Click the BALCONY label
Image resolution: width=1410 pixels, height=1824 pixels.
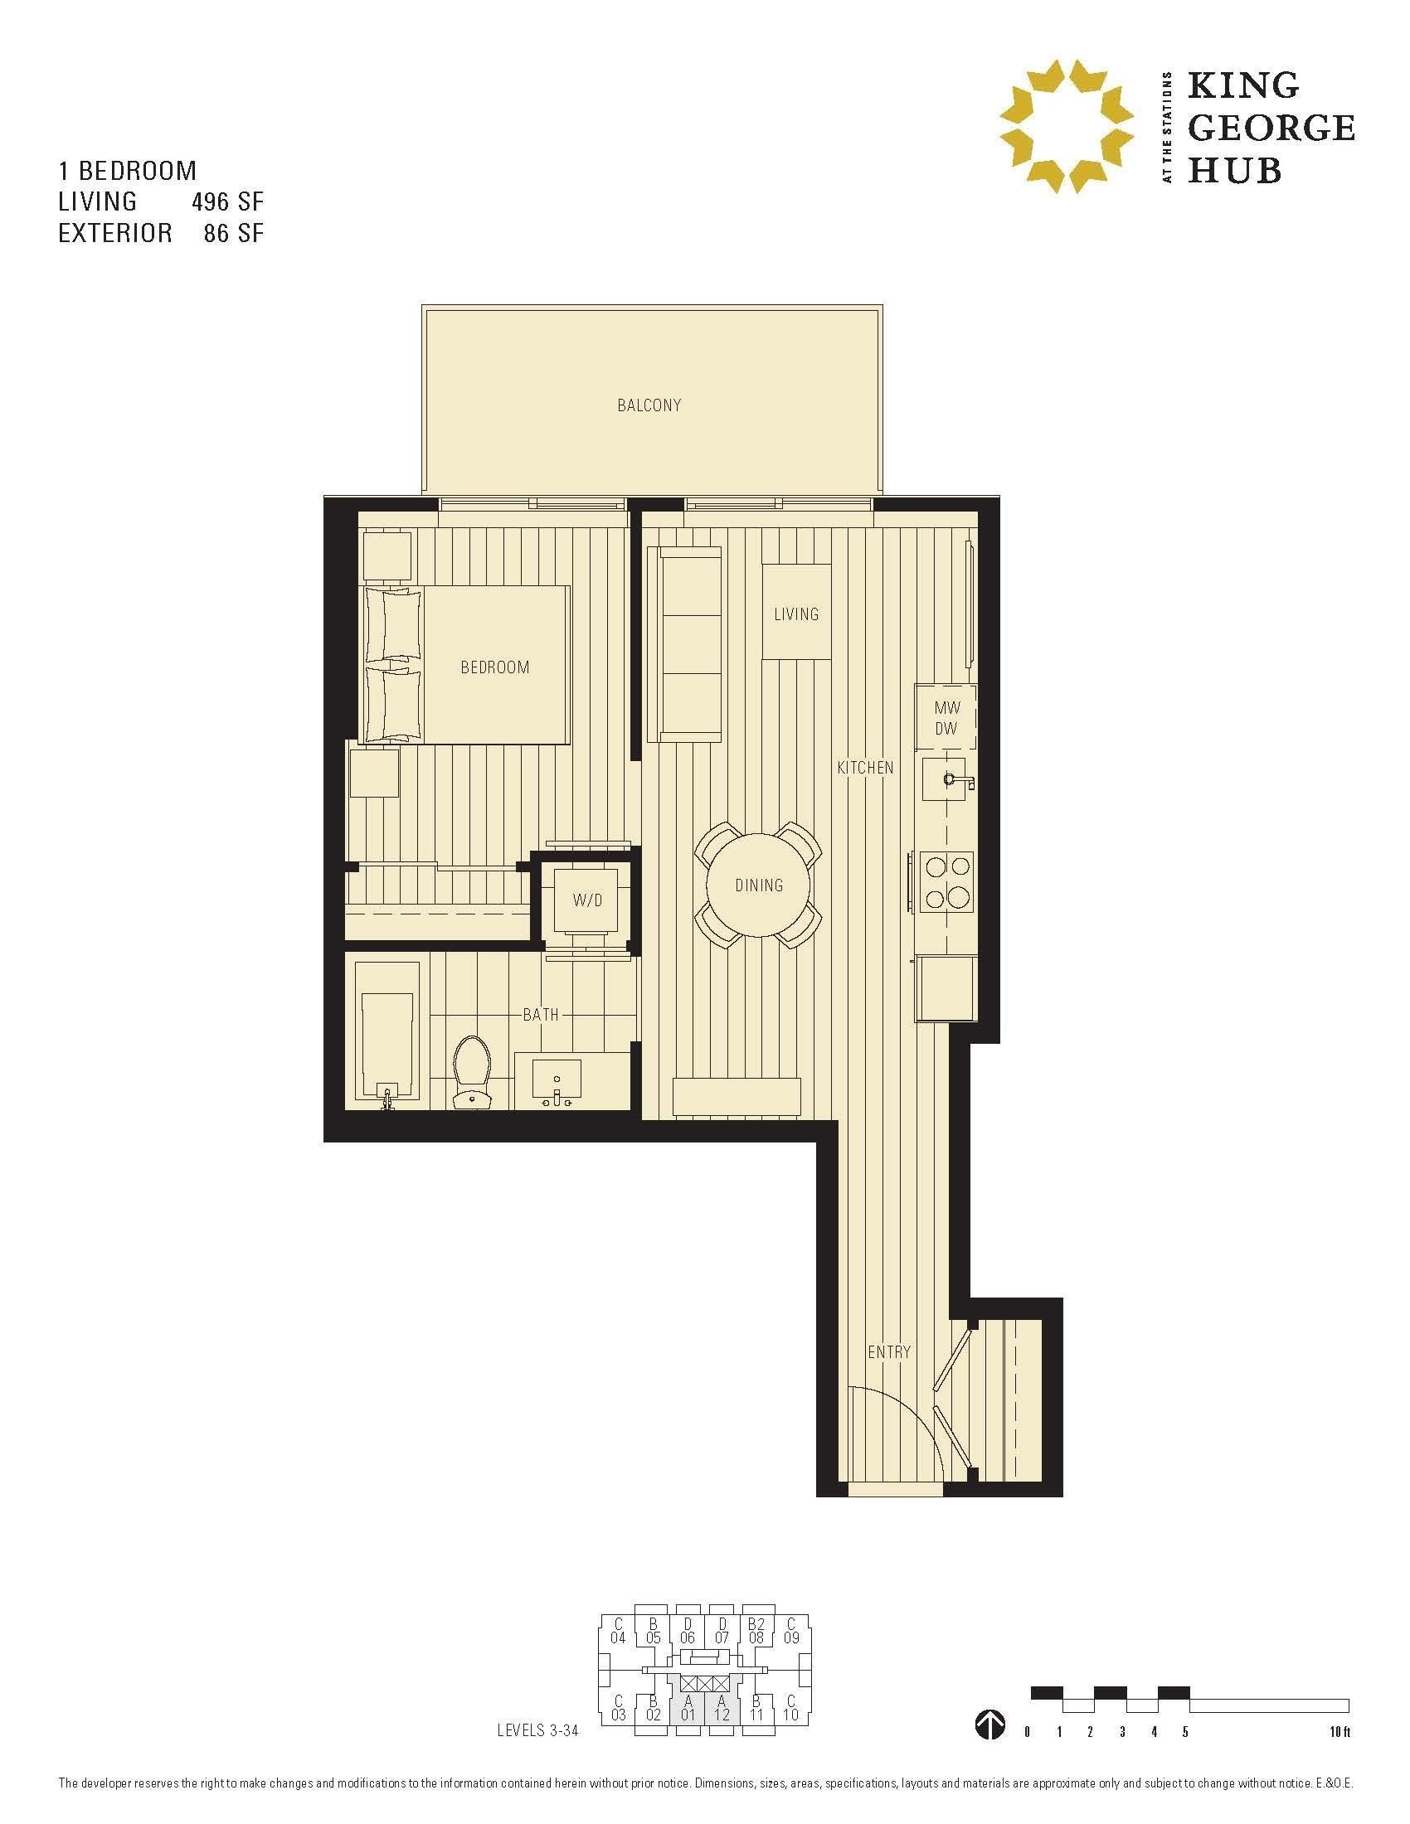649,405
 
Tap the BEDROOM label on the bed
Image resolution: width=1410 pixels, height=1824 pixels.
495,667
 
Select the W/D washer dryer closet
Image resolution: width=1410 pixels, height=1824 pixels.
587,900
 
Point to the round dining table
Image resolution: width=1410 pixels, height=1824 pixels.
758,885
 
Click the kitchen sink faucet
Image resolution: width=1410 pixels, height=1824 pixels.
952,779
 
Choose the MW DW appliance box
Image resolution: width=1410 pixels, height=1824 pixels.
946,718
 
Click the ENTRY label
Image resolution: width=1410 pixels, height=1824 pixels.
889,1351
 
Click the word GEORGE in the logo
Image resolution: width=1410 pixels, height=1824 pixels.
1271,128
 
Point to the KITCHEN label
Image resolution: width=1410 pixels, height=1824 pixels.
865,768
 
